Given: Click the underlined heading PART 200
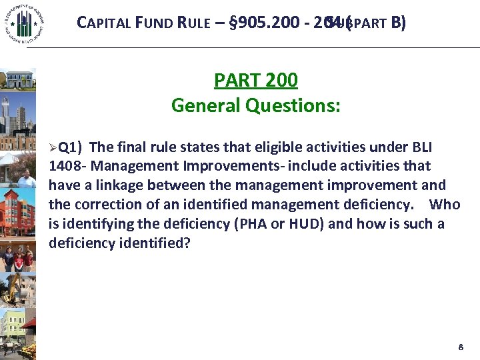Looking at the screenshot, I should (255, 81).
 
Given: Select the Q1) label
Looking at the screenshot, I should (71, 147).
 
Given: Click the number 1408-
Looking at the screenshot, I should (67, 166).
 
